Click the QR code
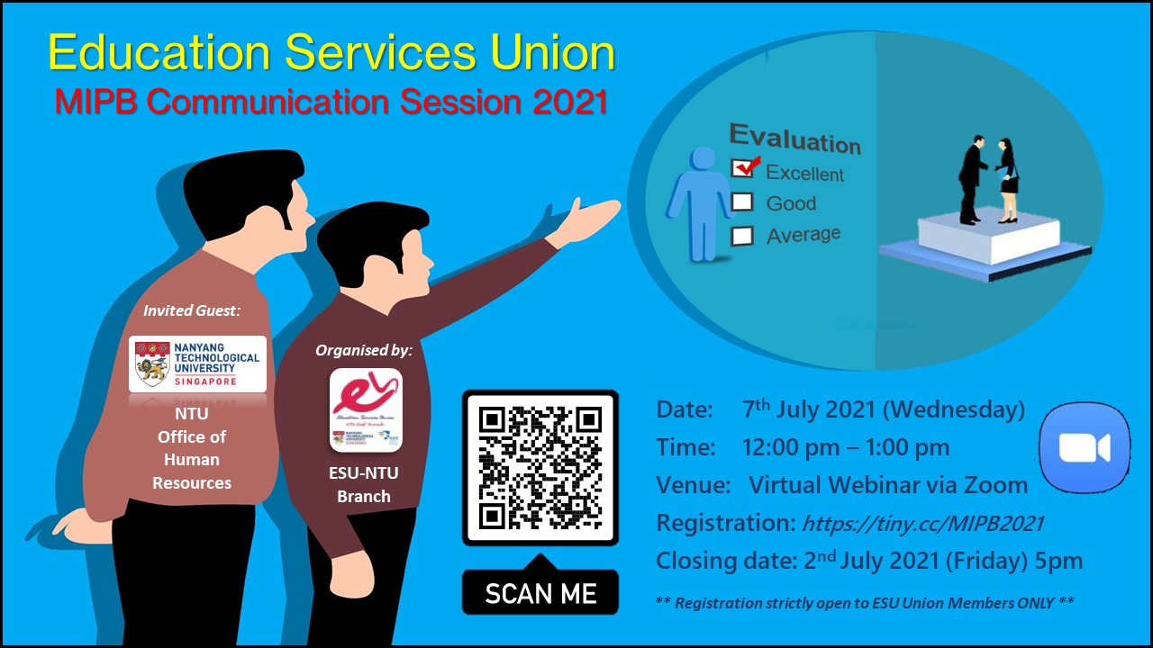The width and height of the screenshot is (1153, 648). [x=540, y=467]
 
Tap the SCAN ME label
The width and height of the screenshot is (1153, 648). [x=540, y=594]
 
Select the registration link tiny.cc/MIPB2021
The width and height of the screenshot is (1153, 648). [x=922, y=523]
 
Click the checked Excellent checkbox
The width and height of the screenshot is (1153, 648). [x=744, y=167]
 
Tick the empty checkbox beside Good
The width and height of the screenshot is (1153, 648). [x=742, y=202]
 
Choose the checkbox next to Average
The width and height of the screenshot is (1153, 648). [x=742, y=236]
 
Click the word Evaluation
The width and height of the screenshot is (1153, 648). [x=794, y=139]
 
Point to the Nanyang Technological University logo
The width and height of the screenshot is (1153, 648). [x=197, y=364]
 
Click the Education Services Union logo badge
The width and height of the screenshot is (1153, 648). [x=366, y=409]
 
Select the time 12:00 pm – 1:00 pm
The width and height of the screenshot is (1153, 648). [x=845, y=447]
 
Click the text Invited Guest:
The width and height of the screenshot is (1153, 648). [x=193, y=310]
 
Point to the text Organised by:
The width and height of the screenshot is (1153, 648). [x=363, y=350]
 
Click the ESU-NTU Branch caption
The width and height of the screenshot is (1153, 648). [x=364, y=484]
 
